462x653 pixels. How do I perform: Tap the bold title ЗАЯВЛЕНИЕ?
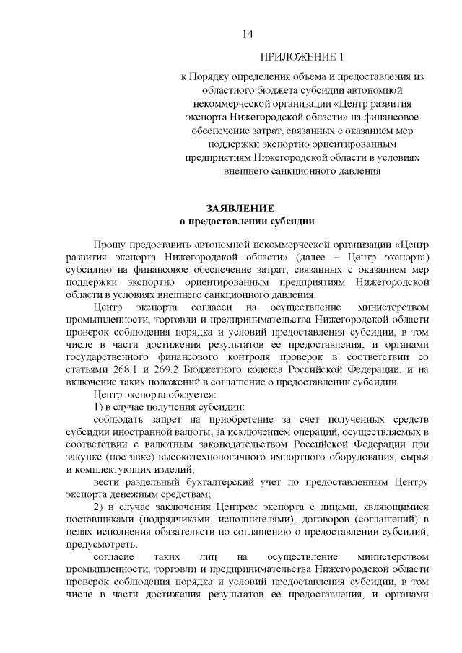245,208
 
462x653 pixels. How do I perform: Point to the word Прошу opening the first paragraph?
109,245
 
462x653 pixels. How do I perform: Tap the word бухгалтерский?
209,481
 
